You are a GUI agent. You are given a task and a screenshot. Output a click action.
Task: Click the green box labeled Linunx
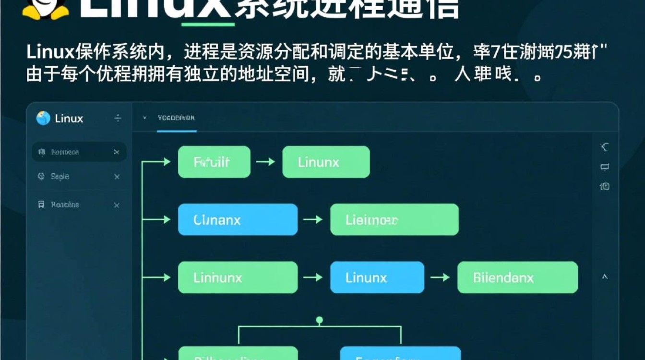[x=326, y=162]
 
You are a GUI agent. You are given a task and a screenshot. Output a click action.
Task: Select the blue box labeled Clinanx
[x=238, y=220]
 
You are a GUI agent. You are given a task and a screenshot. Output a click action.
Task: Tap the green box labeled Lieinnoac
[x=394, y=220]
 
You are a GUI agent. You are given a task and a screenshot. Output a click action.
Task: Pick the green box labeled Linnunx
[x=238, y=277]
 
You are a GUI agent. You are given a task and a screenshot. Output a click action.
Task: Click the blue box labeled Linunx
[x=377, y=277]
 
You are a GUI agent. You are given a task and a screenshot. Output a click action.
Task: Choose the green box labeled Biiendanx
[x=517, y=277]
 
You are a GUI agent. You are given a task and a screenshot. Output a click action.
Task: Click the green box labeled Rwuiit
[x=214, y=162]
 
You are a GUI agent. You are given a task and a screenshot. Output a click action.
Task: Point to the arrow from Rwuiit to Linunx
[x=265, y=162]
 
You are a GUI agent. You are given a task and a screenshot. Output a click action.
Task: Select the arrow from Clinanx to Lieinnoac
[x=313, y=220]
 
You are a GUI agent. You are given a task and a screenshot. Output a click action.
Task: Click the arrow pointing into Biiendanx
[x=440, y=277]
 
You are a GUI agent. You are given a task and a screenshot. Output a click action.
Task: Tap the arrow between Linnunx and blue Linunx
[x=313, y=277]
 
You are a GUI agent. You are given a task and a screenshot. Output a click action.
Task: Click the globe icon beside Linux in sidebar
[x=43, y=118]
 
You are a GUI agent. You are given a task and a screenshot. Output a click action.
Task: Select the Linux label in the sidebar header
[x=69, y=119]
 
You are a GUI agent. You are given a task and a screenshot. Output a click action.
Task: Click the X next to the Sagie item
[x=117, y=177]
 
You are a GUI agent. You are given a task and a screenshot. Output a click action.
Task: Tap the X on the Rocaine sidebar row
[x=117, y=205]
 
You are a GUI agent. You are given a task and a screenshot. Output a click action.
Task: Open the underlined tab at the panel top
[x=176, y=118]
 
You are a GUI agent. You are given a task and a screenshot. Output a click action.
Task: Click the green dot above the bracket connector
[x=320, y=319]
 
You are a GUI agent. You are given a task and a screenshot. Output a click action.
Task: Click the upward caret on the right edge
[x=605, y=277]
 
